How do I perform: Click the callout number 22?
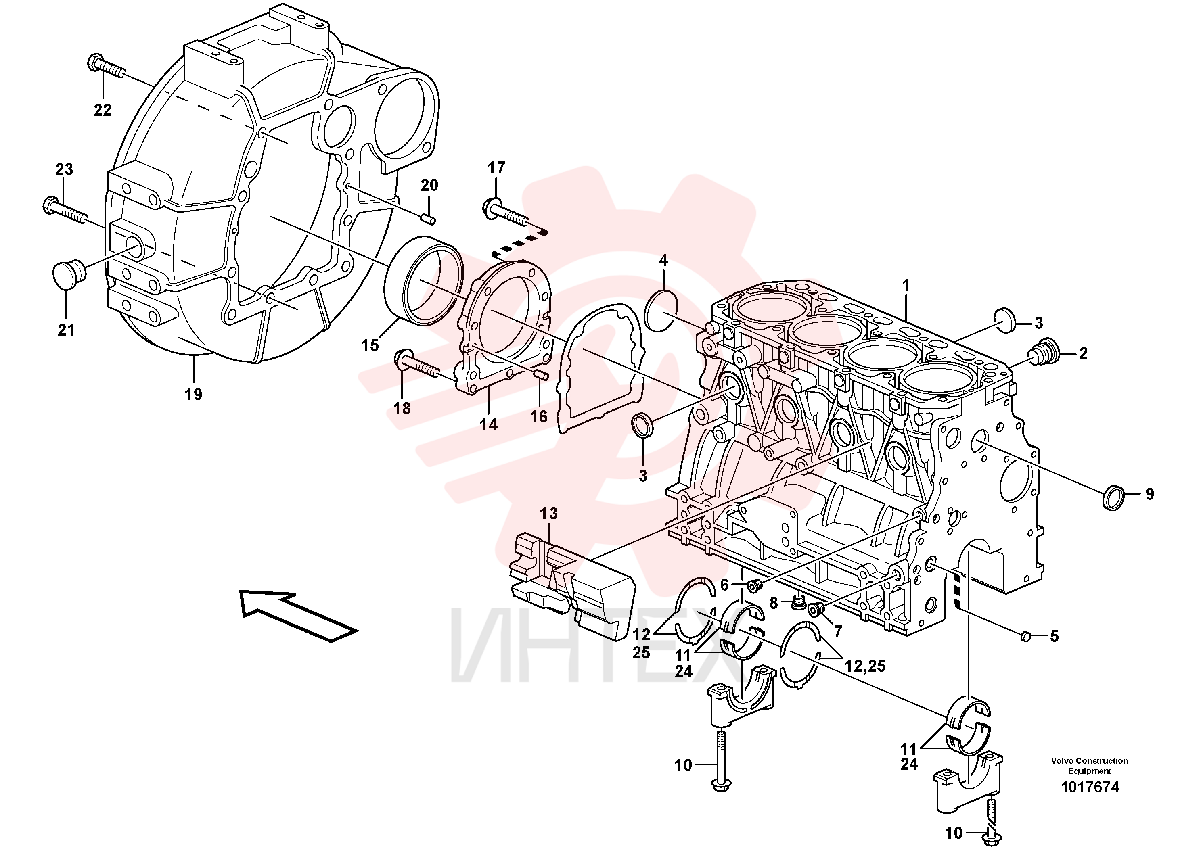tap(103, 110)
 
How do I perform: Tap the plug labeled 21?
tap(69, 273)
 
